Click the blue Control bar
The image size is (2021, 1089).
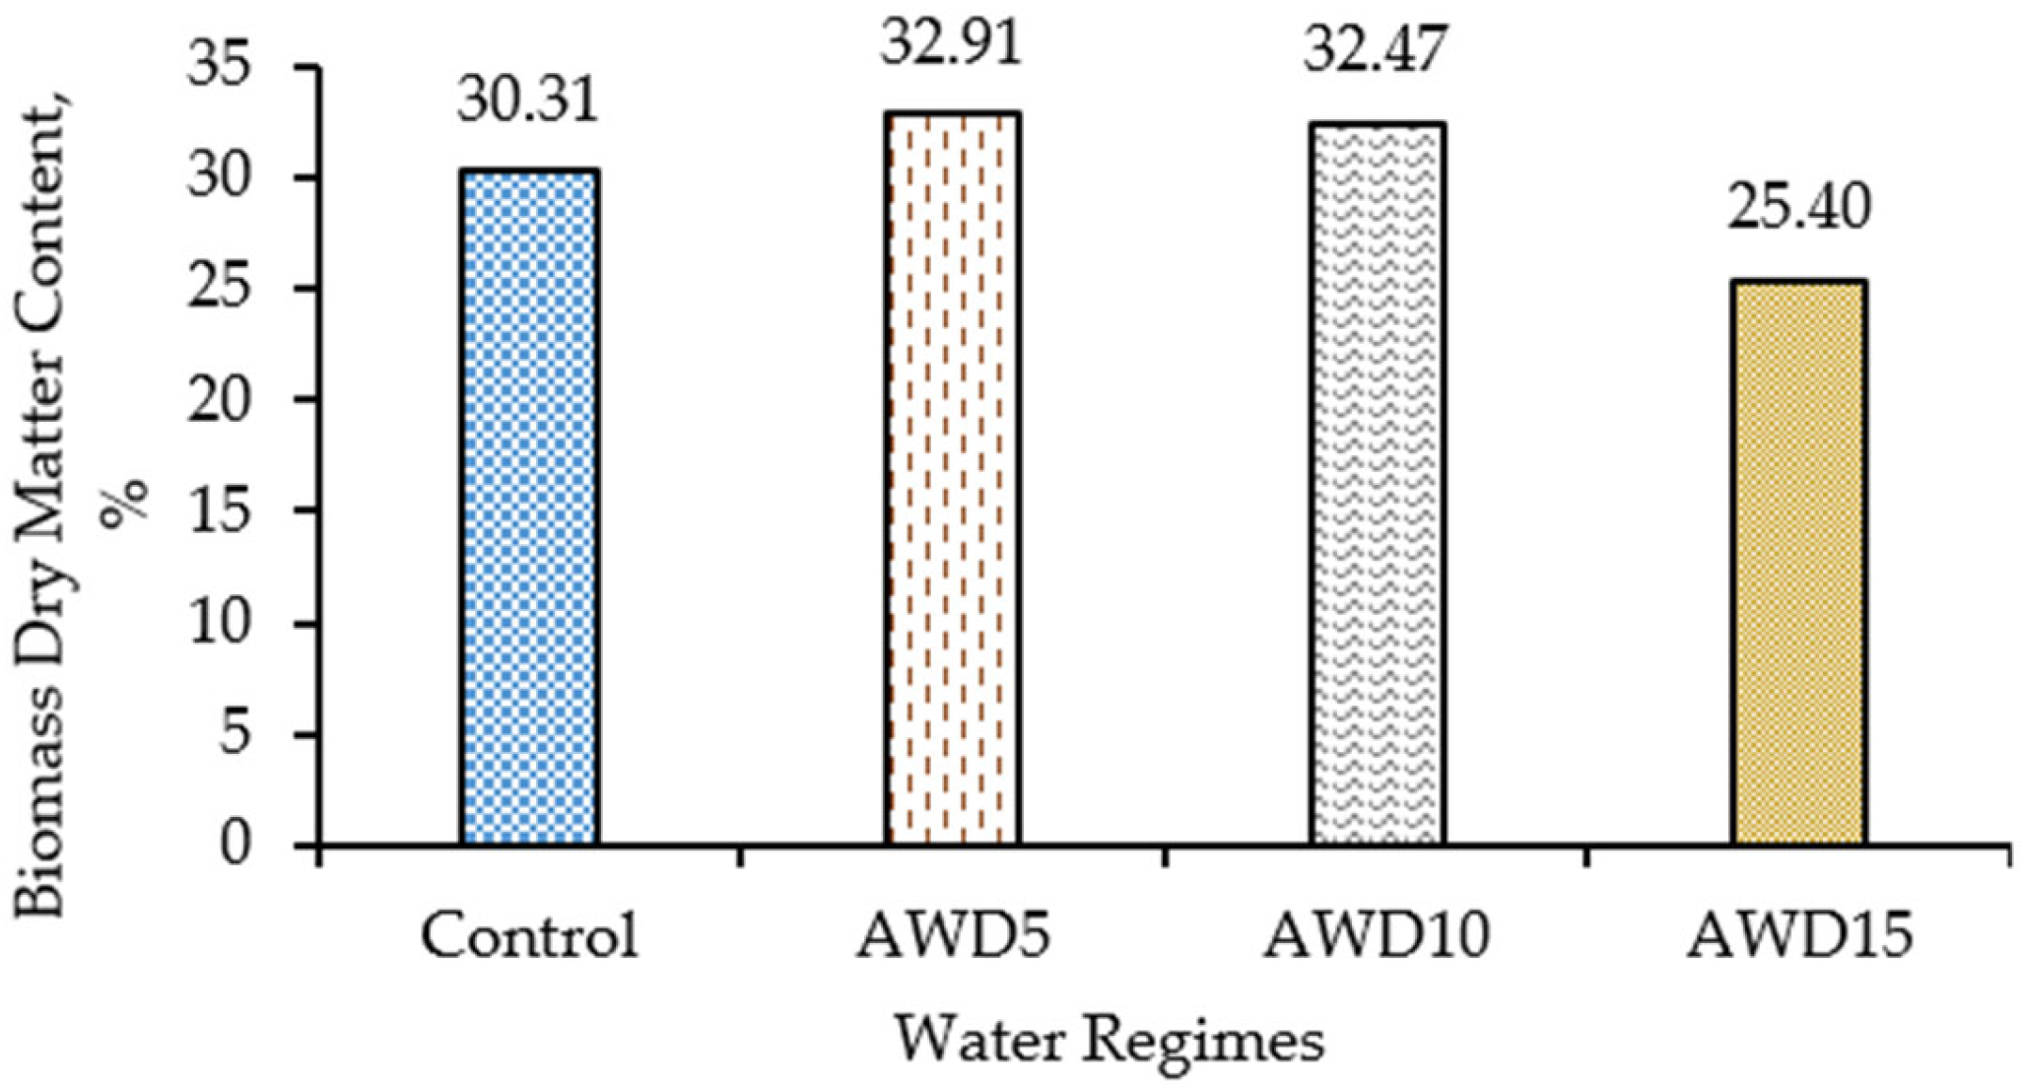point(529,508)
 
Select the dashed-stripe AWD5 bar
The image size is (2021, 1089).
point(952,479)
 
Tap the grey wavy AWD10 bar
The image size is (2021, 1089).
point(1378,484)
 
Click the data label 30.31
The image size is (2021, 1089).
point(528,102)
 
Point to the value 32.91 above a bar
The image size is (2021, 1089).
point(951,44)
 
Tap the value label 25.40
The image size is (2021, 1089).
point(1798,209)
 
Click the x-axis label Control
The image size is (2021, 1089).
point(529,936)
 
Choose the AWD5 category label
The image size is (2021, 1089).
point(952,936)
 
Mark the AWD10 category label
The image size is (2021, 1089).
point(1377,936)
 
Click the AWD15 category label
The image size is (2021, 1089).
point(1799,936)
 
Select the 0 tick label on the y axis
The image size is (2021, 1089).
point(236,846)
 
